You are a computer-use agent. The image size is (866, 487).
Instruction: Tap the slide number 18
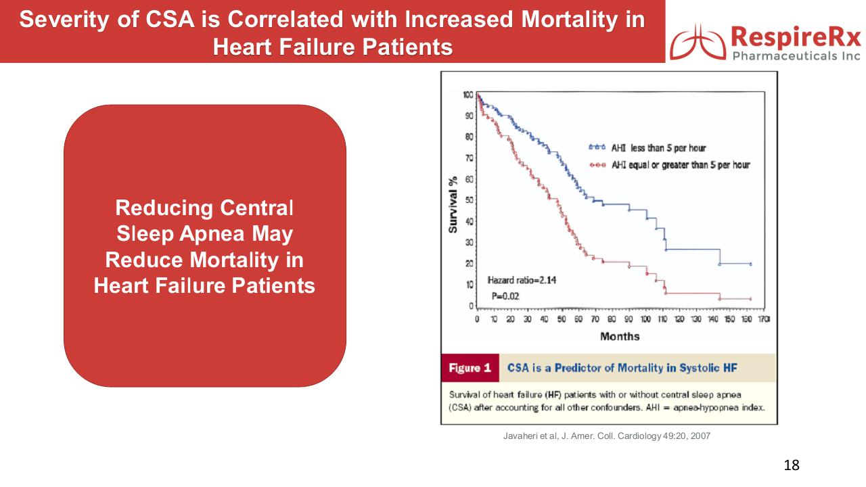792,465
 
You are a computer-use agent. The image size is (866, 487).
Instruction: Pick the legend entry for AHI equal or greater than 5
669,165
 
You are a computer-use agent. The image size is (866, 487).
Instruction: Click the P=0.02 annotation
505,296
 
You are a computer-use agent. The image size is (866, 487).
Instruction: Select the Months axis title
619,336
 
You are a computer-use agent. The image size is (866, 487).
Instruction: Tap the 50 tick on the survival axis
470,200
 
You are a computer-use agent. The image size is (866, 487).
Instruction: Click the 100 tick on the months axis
645,319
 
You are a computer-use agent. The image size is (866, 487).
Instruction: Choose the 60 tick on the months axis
578,319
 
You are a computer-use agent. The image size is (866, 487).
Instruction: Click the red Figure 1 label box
470,368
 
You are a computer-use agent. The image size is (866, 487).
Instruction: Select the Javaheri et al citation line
607,436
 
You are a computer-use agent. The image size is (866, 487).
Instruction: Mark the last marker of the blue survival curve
751,264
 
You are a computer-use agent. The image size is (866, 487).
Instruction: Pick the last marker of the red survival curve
751,299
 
